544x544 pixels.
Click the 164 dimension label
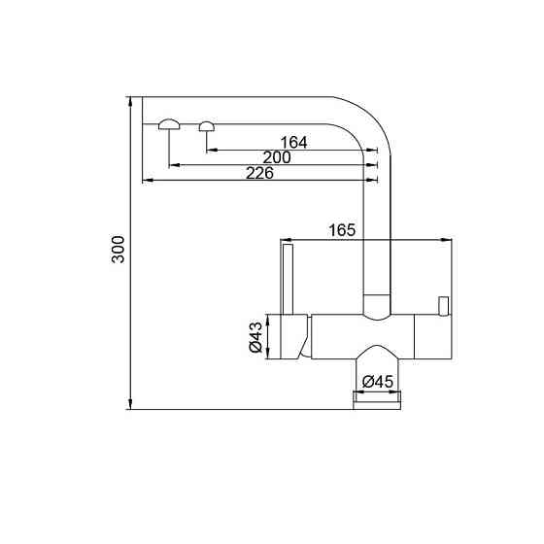click(x=292, y=143)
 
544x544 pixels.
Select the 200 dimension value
click(x=277, y=158)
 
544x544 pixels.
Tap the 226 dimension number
click(x=258, y=173)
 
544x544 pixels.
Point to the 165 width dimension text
click(x=341, y=230)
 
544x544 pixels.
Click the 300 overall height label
click(x=119, y=253)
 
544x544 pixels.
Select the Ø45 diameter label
click(x=377, y=382)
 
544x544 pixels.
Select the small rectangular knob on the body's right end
click(x=444, y=306)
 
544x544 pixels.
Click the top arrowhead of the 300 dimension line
click(x=129, y=101)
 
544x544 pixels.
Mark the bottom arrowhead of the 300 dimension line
click(x=129, y=405)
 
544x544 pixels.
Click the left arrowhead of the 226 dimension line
click(x=147, y=181)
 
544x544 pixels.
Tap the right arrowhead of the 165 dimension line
click(x=448, y=239)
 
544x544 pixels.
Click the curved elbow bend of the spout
click(x=374, y=121)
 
